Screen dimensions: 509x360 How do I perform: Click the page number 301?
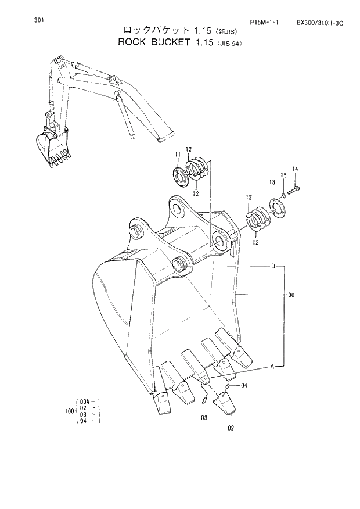pyautogui.click(x=39, y=20)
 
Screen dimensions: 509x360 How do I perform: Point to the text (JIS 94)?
pyautogui.click(x=229, y=44)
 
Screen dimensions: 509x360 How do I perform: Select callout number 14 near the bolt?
pyautogui.click(x=295, y=169)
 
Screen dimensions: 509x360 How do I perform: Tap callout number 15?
pyautogui.click(x=283, y=175)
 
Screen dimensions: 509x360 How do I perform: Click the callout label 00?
pyautogui.click(x=291, y=295)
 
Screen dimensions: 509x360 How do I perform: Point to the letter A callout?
pyautogui.click(x=272, y=367)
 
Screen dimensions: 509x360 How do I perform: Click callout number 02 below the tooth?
pyautogui.click(x=230, y=428)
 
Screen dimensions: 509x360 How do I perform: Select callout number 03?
pyautogui.click(x=204, y=417)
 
